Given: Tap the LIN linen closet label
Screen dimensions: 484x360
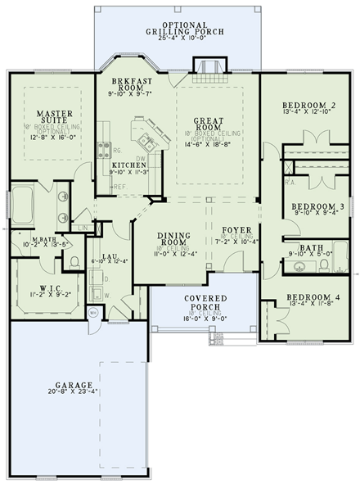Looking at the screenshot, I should tap(85, 228).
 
